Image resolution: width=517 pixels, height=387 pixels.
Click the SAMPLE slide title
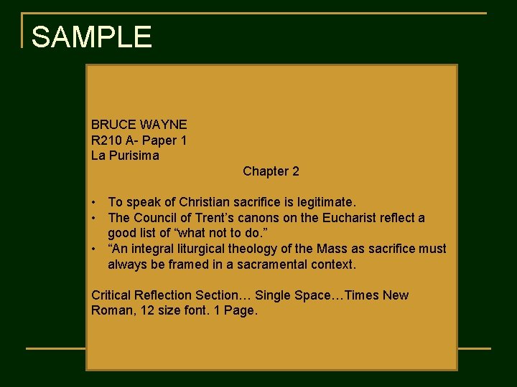point(91,37)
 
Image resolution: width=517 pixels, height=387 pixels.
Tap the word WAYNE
point(164,124)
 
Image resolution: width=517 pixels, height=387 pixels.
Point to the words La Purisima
point(125,156)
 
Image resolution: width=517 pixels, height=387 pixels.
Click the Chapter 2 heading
point(271,171)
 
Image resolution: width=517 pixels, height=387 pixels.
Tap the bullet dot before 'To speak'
point(95,202)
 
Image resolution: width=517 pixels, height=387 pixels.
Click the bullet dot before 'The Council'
point(95,218)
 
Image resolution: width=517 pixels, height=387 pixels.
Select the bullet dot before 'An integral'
point(95,249)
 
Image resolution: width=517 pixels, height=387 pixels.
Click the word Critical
point(111,295)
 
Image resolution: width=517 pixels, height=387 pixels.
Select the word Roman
point(109,311)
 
